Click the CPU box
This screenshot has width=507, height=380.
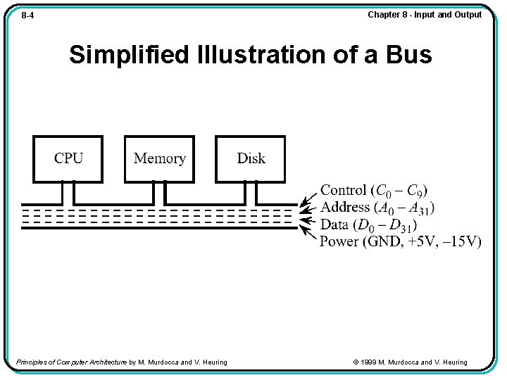(68, 158)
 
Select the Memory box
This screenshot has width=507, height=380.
(159, 158)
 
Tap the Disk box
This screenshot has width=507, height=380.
(251, 158)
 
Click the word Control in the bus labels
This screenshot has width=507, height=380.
(344, 190)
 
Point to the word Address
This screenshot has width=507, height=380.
(345, 207)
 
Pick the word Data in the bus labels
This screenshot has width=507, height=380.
(334, 224)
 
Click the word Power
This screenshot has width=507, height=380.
(339, 241)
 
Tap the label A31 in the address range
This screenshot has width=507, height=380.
(420, 208)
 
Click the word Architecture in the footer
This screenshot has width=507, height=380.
(106, 362)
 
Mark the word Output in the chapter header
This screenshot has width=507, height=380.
(468, 15)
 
